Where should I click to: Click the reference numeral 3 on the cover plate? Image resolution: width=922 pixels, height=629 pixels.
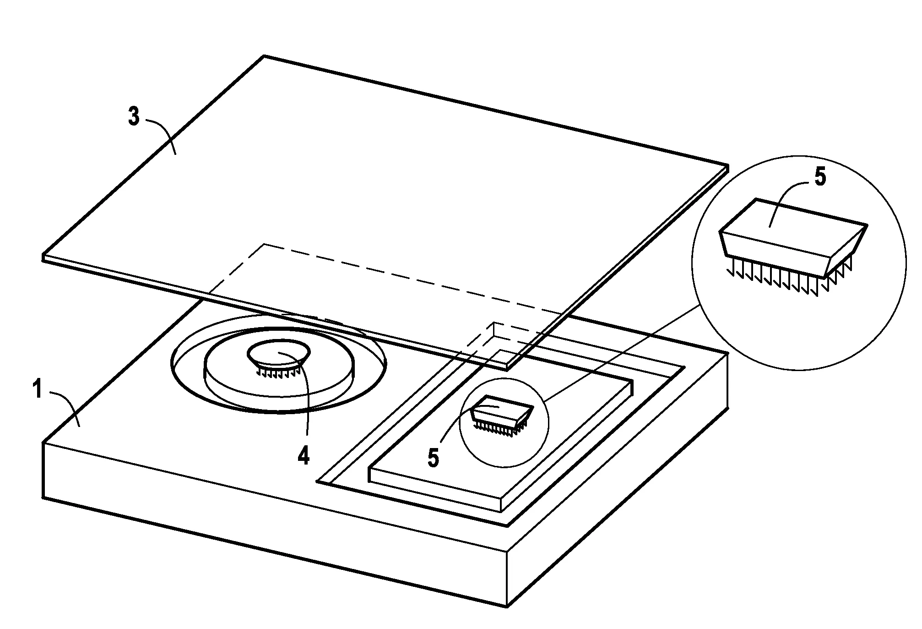pos(134,117)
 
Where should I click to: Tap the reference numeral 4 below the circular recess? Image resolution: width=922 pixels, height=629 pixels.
pos(303,456)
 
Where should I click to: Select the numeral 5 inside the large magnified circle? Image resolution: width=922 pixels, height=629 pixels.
pos(820,177)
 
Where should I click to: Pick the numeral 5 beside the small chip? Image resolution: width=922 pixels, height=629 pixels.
pos(434,458)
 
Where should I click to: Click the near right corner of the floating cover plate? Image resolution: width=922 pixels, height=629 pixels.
pos(507,366)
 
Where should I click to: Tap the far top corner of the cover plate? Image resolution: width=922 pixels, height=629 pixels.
pos(264,56)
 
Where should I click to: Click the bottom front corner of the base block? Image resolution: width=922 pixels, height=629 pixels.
pos(507,607)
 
